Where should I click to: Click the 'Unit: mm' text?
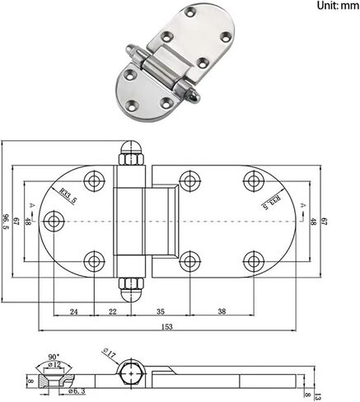point(338,5)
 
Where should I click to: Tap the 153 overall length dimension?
point(167,326)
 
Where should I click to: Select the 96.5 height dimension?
point(5,222)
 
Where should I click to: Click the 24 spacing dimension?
point(74,311)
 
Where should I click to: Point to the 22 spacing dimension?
point(113,311)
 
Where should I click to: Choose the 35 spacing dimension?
point(161,311)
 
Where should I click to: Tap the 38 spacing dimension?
point(222,311)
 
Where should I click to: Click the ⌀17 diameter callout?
point(109,353)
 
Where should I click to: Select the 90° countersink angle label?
point(54,357)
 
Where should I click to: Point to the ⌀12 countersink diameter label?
point(54,365)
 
